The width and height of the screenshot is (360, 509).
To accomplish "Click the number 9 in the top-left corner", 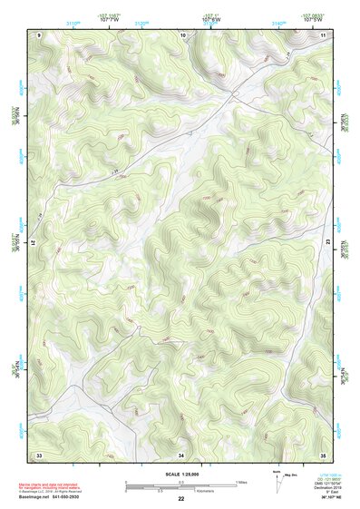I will tap(39, 34).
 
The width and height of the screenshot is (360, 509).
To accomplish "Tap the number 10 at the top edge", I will tap(183, 34).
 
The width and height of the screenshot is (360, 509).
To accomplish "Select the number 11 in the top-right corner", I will tap(324, 34).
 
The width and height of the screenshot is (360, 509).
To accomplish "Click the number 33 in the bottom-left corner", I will tap(39, 454).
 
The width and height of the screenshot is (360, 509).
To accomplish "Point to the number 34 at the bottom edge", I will tap(181, 454).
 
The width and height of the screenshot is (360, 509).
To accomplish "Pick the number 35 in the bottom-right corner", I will tap(324, 454).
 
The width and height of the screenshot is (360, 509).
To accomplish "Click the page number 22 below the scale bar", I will tap(181, 499).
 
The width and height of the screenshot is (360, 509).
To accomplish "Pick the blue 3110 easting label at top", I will tap(72, 21).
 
